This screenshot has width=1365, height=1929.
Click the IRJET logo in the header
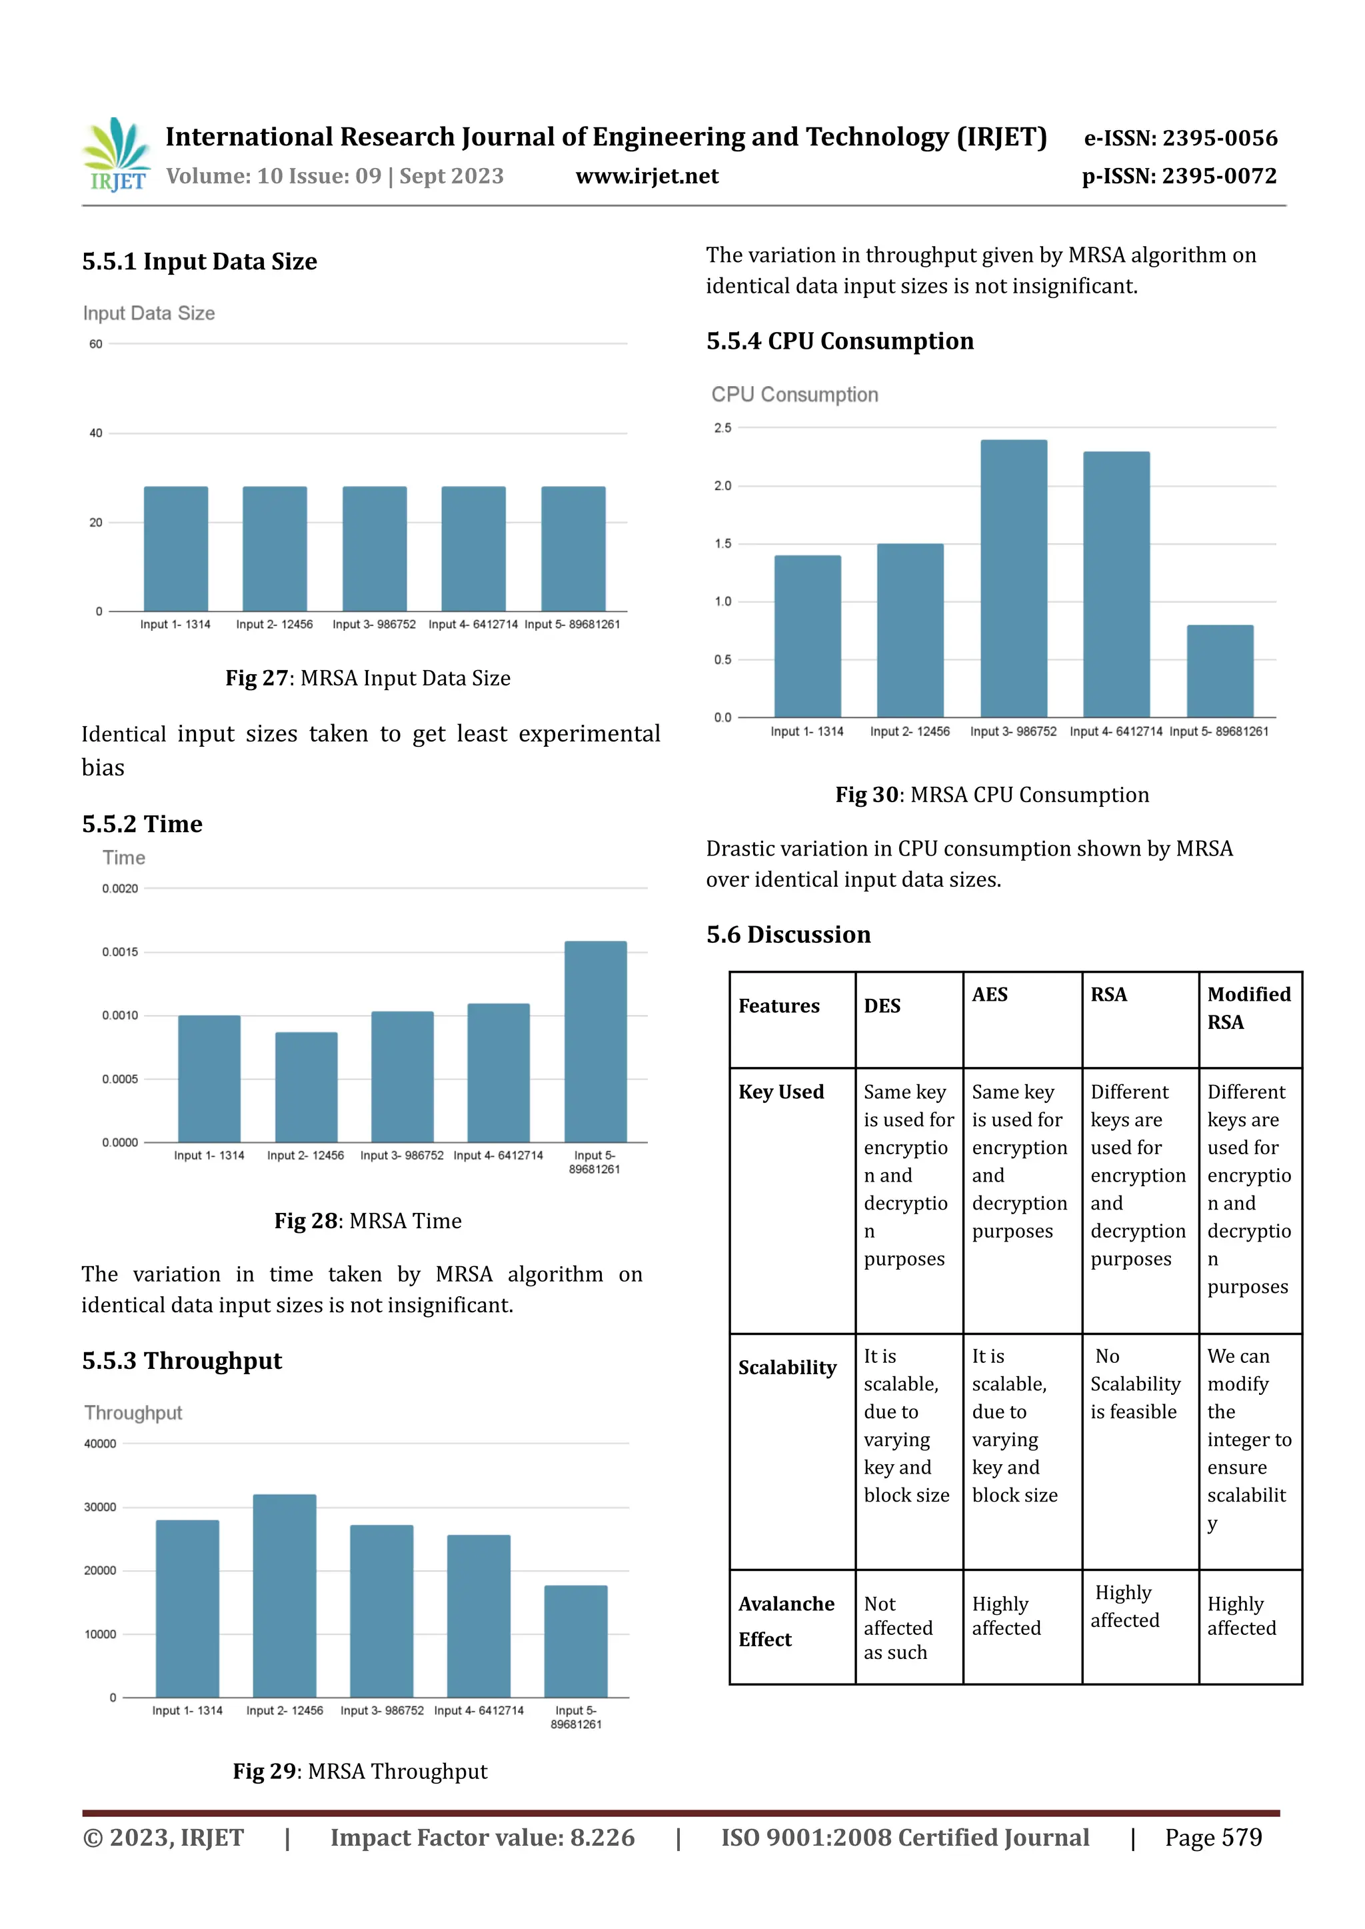(x=117, y=155)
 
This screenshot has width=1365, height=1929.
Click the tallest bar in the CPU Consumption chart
(x=1013, y=579)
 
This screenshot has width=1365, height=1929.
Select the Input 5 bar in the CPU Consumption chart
(x=1219, y=670)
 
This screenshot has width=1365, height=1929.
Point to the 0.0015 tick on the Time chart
(x=120, y=952)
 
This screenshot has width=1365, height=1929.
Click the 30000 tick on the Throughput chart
(x=100, y=1507)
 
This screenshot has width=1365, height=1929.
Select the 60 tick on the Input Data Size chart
(x=96, y=344)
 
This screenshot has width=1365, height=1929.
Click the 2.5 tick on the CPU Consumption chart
(x=723, y=428)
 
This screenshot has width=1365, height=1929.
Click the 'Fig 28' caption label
(x=306, y=1221)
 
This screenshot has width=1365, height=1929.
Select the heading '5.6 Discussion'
(x=788, y=934)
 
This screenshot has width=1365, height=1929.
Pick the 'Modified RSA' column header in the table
(x=1249, y=1008)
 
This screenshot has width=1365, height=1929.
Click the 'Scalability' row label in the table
(x=786, y=1368)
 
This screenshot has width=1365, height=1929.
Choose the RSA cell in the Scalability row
(x=1136, y=1384)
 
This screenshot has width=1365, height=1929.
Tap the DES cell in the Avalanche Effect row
(x=898, y=1628)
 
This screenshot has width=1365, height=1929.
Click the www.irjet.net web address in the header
(x=647, y=176)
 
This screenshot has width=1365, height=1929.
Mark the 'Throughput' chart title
(x=133, y=1413)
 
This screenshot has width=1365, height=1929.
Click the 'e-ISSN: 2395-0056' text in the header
(x=1180, y=138)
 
